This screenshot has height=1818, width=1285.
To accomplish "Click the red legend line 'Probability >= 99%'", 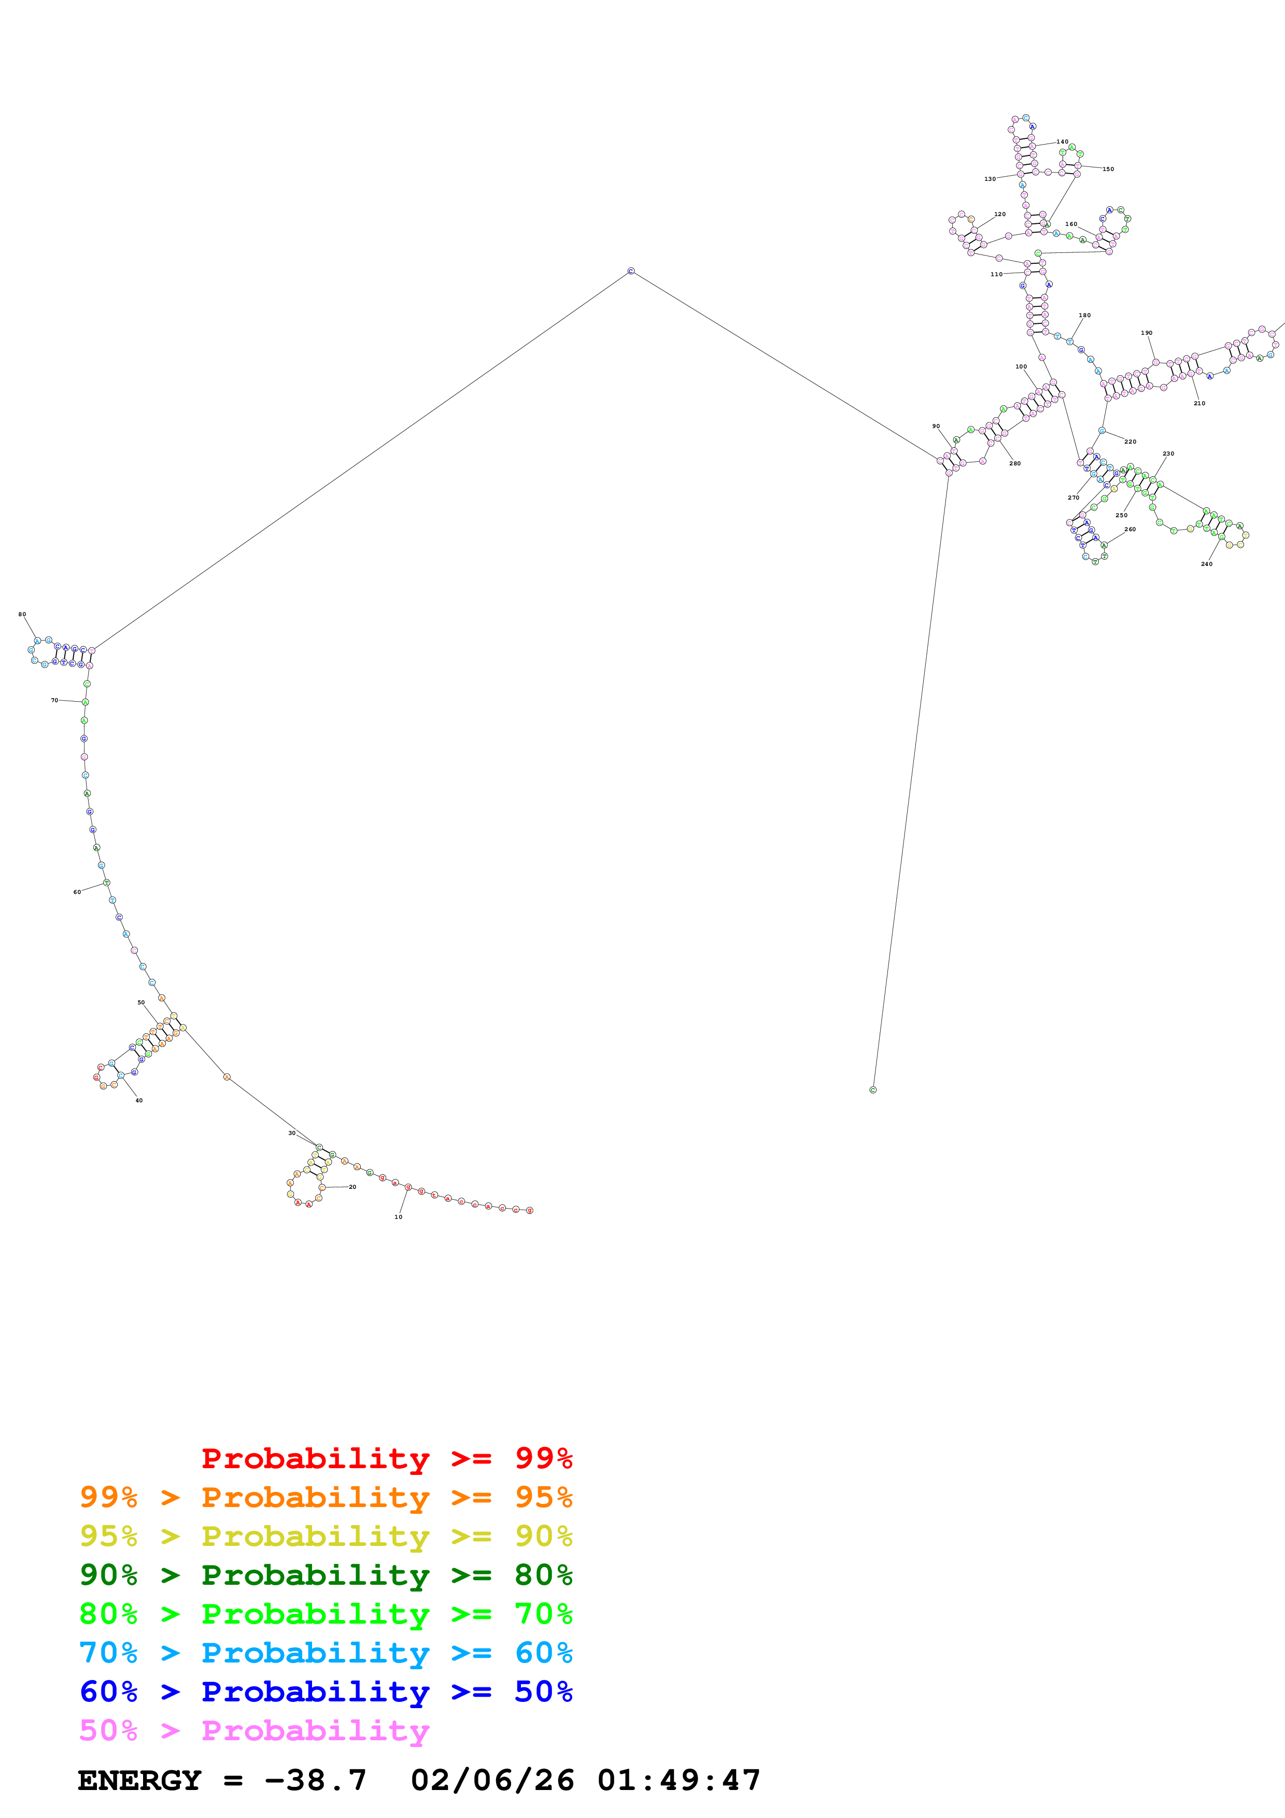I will (x=386, y=1458).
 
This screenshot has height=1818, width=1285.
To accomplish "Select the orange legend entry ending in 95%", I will (x=326, y=1497).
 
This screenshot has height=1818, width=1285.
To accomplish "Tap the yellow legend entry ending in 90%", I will (x=326, y=1536).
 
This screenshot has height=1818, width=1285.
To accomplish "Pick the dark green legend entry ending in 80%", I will (x=326, y=1575).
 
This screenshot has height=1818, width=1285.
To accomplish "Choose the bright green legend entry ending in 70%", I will (x=326, y=1614).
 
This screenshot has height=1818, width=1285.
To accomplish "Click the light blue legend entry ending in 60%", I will (x=326, y=1653).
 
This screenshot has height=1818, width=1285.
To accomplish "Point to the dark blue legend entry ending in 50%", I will (x=326, y=1692).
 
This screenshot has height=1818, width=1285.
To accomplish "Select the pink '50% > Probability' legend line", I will (x=254, y=1730).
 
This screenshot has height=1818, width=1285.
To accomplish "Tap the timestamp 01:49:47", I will (x=679, y=1780).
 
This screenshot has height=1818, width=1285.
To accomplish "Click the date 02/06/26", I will (x=492, y=1780).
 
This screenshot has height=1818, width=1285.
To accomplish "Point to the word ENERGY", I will (x=139, y=1780).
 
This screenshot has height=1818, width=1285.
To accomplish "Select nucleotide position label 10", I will (x=398, y=1217).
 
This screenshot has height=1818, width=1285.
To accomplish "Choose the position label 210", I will (x=1199, y=404).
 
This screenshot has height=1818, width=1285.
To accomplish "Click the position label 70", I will (x=54, y=701).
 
